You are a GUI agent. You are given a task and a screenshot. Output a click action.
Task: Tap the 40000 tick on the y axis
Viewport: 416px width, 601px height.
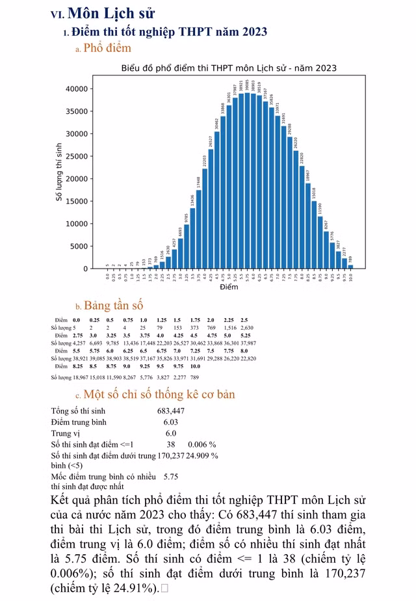point(81,89)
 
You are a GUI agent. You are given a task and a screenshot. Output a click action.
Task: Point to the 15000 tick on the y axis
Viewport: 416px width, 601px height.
point(81,201)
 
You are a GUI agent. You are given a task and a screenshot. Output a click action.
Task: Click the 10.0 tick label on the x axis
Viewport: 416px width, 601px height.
point(350,276)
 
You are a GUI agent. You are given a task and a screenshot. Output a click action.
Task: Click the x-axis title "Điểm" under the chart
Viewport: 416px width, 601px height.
point(229,287)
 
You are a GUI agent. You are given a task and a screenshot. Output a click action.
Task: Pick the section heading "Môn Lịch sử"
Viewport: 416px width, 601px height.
point(110,14)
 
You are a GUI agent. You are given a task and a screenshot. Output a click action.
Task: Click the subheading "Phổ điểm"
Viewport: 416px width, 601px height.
point(107,48)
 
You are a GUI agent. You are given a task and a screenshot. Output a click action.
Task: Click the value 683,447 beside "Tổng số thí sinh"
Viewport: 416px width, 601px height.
point(171,411)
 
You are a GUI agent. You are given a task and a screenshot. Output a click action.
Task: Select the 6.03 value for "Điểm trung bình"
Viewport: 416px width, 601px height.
point(170,422)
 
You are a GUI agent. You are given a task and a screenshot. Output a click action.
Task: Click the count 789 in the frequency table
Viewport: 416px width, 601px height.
point(194,377)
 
